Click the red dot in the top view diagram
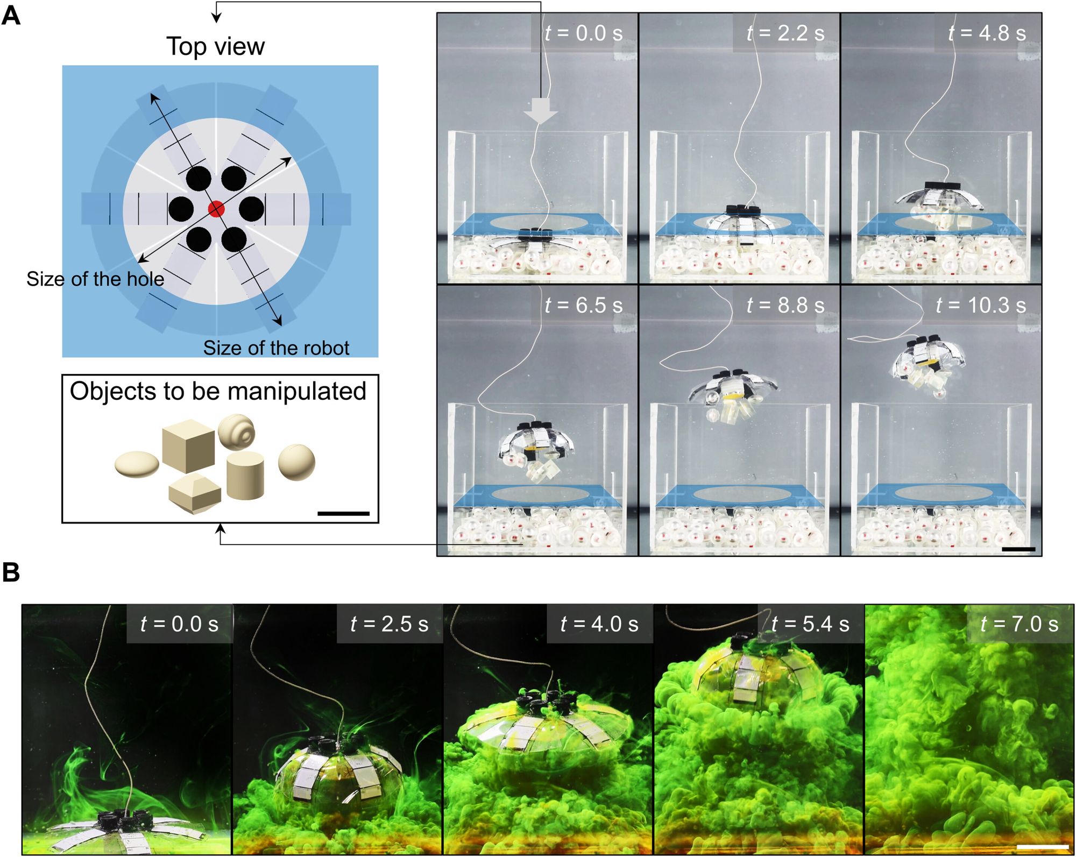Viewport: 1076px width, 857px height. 216,209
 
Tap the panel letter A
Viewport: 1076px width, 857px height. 11,16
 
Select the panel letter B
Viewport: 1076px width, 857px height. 11,572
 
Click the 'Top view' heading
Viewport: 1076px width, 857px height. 215,46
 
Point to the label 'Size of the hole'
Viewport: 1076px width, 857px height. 95,279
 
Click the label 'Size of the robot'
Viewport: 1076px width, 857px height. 276,348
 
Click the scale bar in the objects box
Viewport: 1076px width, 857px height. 343,513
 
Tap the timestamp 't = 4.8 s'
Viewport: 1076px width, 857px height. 987,33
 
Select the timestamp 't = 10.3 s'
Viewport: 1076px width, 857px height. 981,305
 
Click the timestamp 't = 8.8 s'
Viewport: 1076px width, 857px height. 785,305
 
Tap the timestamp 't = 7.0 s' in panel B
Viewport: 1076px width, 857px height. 1019,624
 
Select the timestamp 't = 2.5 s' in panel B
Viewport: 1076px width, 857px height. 389,624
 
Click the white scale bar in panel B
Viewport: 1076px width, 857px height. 1042,846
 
